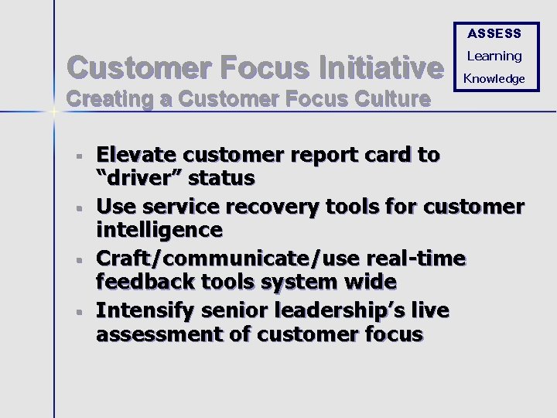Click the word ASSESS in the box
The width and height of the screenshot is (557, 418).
click(494, 33)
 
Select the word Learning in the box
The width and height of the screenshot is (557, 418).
click(494, 56)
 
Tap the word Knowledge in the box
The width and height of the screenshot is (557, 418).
click(494, 78)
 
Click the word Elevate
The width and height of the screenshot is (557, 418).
click(138, 155)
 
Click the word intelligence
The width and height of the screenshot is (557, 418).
click(159, 230)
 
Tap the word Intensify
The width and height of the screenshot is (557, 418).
click(145, 310)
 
